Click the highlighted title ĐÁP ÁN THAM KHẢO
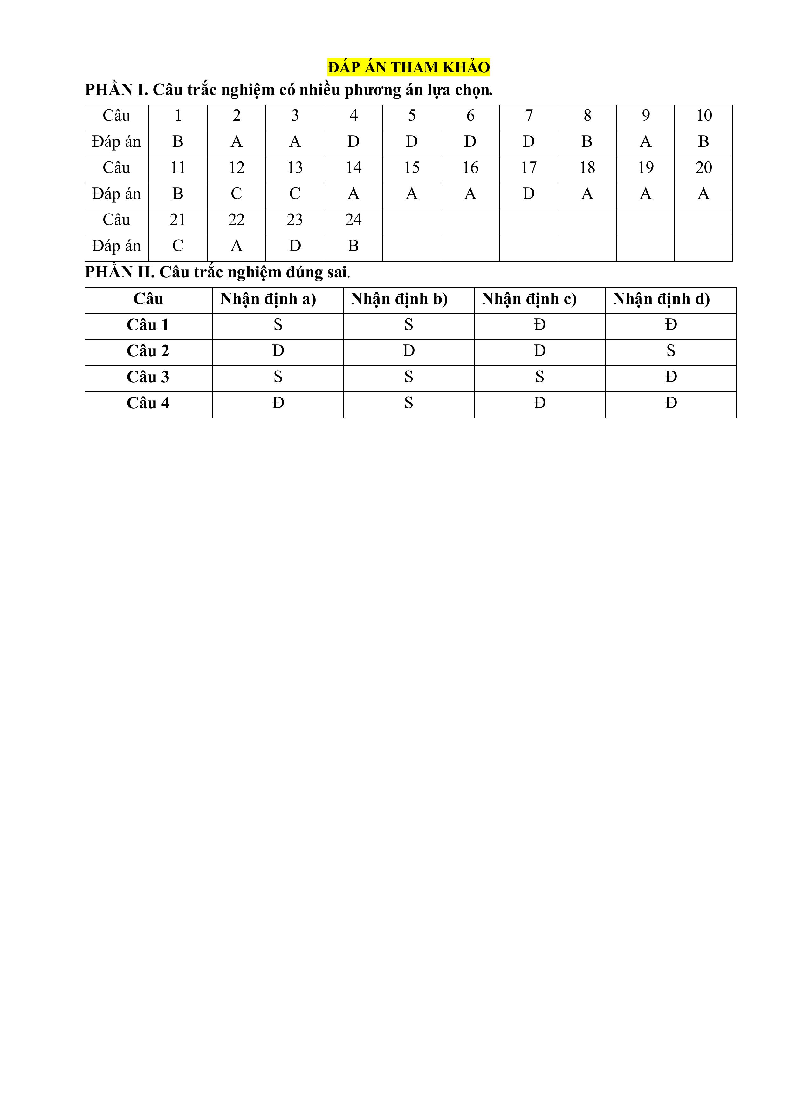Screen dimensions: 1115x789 pyautogui.click(x=408, y=67)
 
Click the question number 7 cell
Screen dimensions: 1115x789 pyautogui.click(x=529, y=116)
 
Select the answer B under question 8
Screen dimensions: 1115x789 pyautogui.click(x=587, y=142)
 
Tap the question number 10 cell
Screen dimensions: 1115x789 pyautogui.click(x=703, y=116)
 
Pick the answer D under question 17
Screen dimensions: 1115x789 pyautogui.click(x=529, y=194)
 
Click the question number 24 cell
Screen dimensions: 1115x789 pyautogui.click(x=353, y=220)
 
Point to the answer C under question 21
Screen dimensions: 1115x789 pyautogui.click(x=178, y=246)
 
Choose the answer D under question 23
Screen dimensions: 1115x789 pyautogui.click(x=295, y=246)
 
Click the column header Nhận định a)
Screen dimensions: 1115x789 pyautogui.click(x=268, y=299)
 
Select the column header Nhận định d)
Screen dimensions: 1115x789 pyautogui.click(x=661, y=299)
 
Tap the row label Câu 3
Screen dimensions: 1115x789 pyautogui.click(x=148, y=377)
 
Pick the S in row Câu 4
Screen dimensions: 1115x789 pyautogui.click(x=408, y=403)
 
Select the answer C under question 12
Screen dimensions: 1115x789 pyautogui.click(x=237, y=194)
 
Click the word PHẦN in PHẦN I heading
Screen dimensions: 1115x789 pyautogui.click(x=109, y=90)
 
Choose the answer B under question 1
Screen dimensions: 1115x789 pyautogui.click(x=178, y=142)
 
